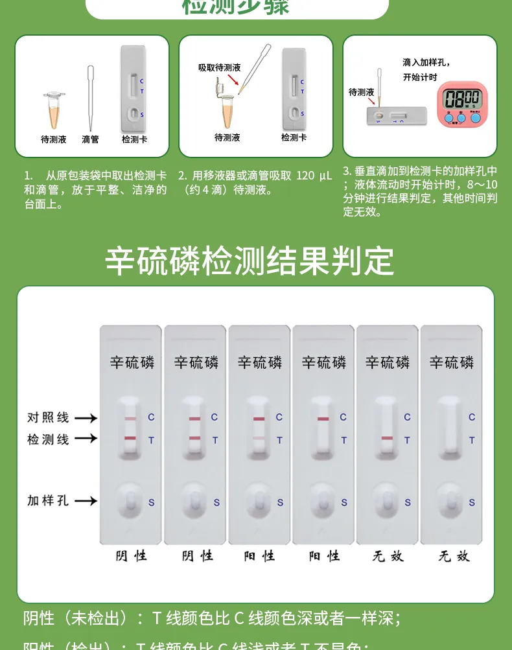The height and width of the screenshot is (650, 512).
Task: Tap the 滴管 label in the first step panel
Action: (90, 139)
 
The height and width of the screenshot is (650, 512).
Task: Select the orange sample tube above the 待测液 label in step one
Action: (54, 110)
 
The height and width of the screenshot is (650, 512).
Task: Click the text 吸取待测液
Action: (219, 67)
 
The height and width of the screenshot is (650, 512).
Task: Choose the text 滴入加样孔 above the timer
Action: (426, 62)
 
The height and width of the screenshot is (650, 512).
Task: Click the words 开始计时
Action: (420, 77)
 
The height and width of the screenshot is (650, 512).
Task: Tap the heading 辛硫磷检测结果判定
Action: (250, 261)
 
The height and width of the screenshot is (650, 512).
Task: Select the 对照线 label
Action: (47, 417)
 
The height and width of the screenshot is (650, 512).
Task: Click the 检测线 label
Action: (47, 439)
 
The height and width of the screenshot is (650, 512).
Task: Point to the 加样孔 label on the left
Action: (47, 500)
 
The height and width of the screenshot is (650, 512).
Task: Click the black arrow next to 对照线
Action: (86, 418)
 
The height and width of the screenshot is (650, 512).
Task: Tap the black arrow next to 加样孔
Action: (86, 500)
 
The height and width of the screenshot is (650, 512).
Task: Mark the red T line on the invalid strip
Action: (387, 439)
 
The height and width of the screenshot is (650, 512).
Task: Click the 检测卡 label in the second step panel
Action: (294, 137)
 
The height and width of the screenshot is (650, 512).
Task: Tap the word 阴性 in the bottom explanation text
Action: (39, 618)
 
